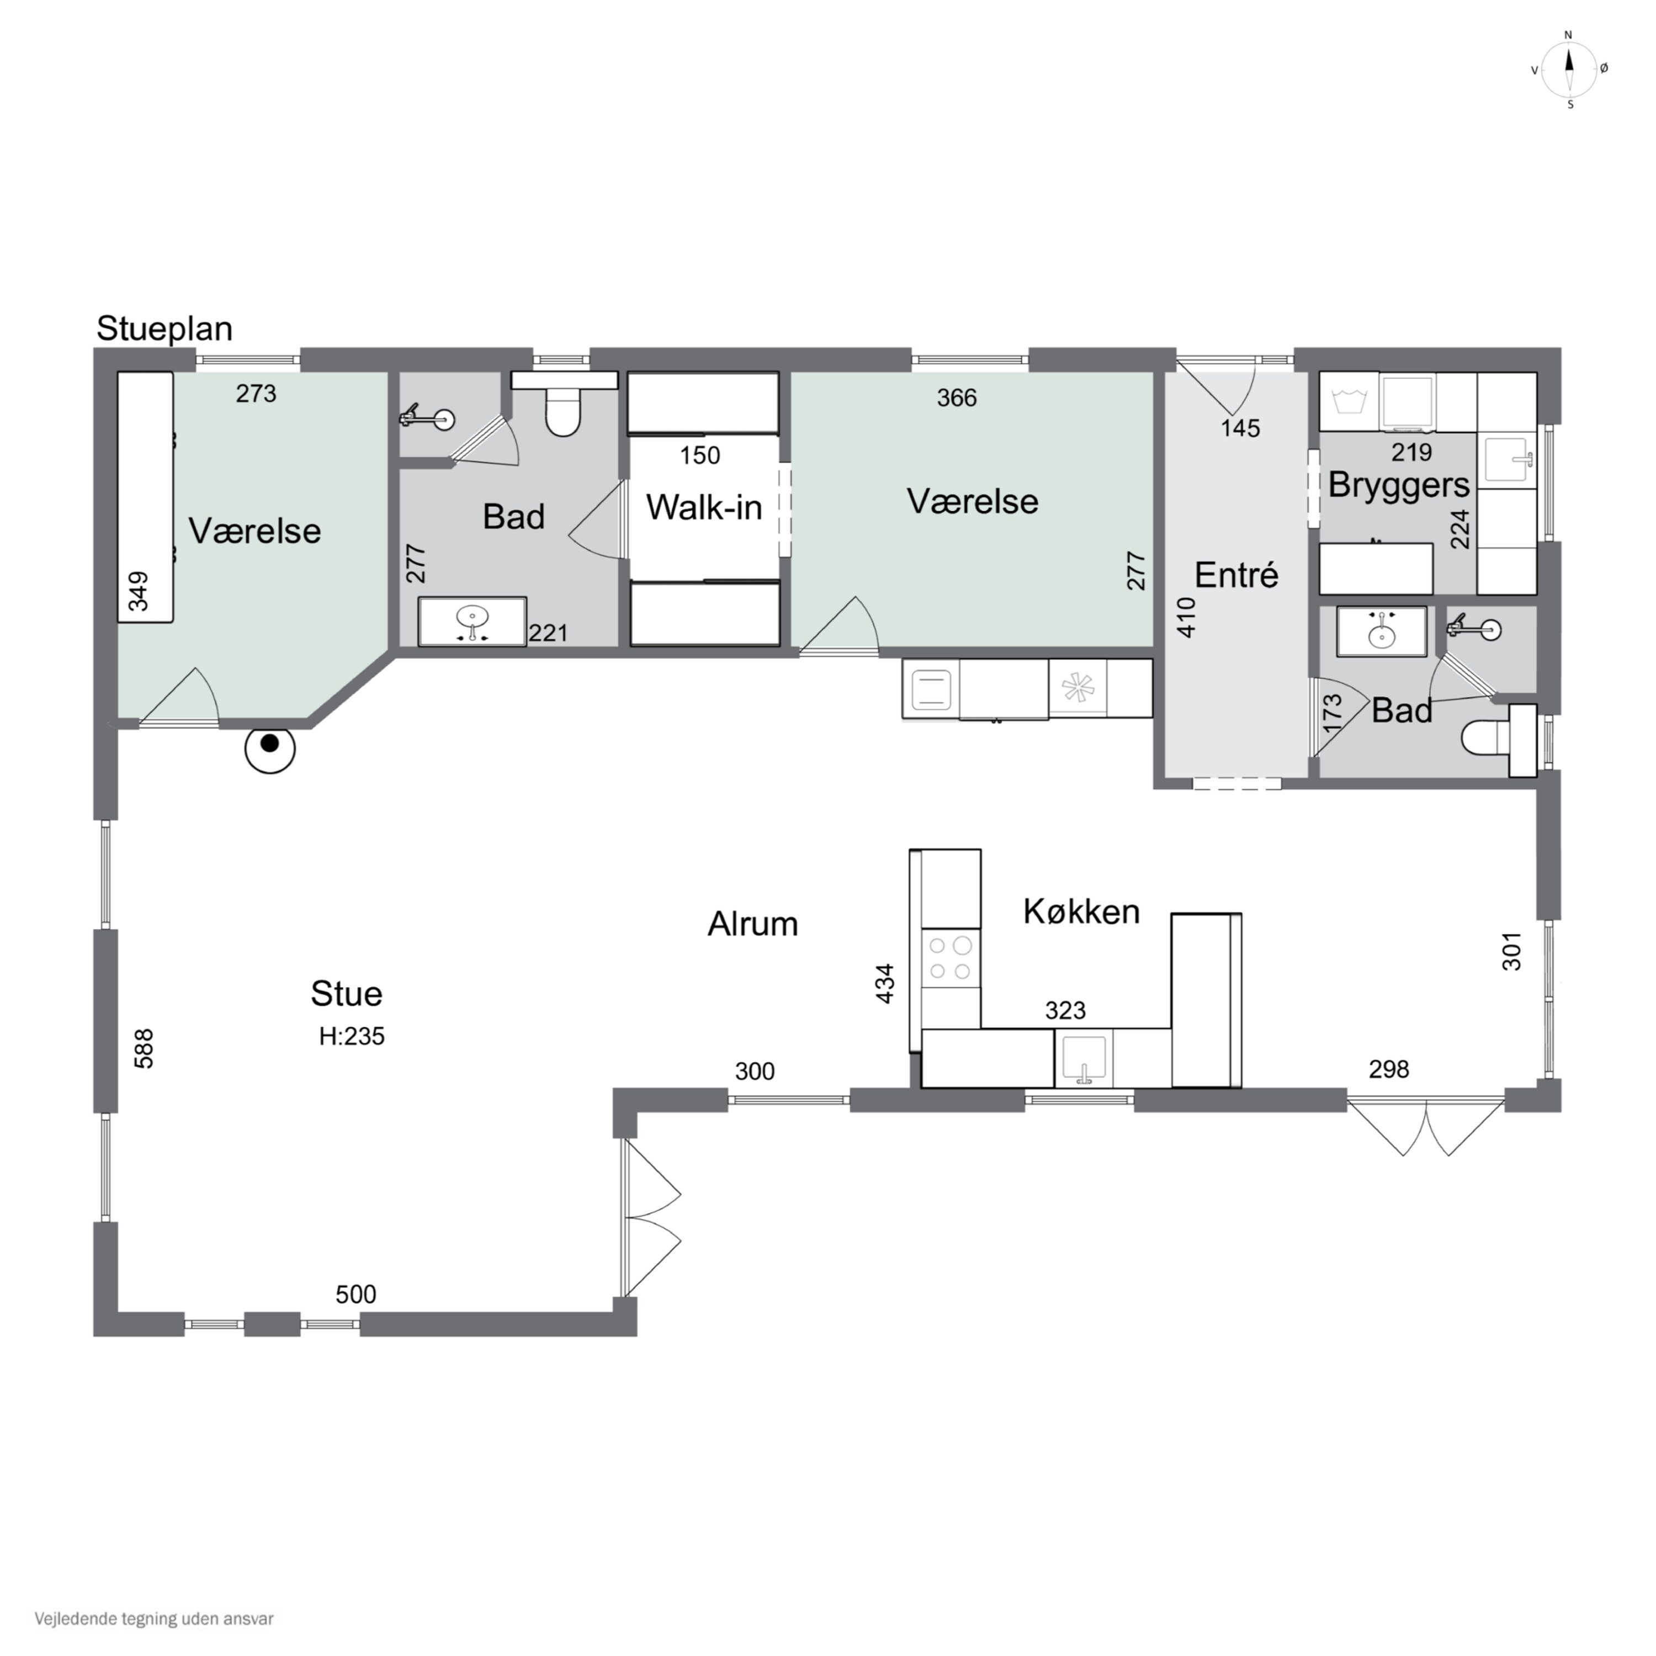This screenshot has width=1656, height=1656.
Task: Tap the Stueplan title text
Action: tap(164, 329)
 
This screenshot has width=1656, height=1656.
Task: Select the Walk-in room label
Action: tap(704, 507)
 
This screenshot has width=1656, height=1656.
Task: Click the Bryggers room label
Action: tap(1399, 486)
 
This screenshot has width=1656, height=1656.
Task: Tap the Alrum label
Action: tap(752, 924)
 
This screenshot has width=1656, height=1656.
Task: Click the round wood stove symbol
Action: tap(270, 749)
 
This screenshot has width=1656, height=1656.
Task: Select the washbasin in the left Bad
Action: tap(473, 620)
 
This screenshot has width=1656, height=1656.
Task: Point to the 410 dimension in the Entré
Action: tap(1186, 617)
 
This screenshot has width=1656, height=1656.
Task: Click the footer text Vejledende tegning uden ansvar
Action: tap(155, 1619)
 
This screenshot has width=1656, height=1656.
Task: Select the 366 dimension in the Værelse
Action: tap(957, 397)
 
